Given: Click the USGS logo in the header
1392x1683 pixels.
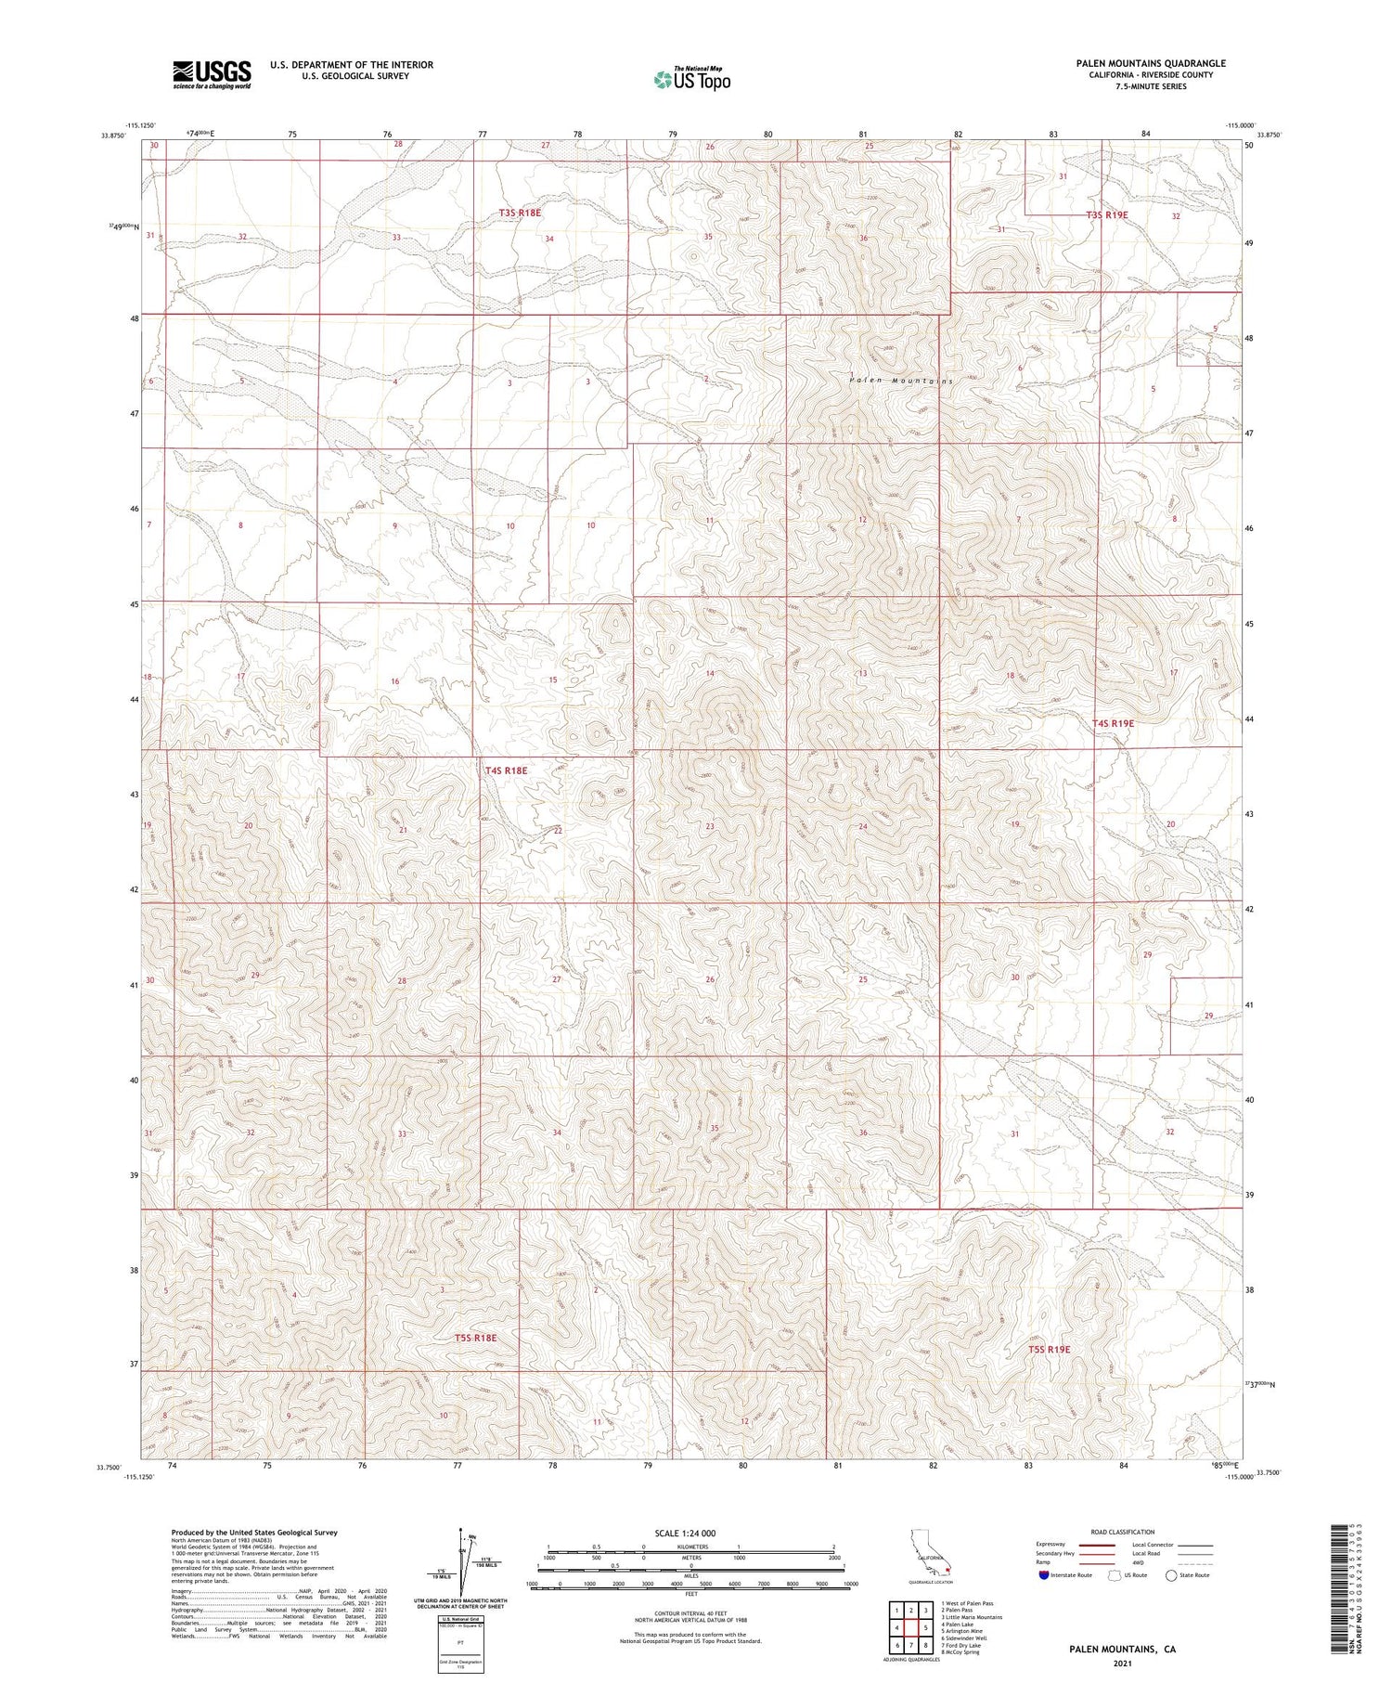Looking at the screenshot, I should click(x=212, y=73).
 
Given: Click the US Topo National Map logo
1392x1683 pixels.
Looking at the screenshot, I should click(x=691, y=79).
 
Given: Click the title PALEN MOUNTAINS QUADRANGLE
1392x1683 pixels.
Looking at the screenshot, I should click(x=1151, y=63).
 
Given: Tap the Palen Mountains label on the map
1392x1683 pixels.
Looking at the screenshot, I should click(x=900, y=381).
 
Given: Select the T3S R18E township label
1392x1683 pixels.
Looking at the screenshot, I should click(x=520, y=213).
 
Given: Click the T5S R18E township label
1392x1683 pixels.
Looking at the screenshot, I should click(x=476, y=1338).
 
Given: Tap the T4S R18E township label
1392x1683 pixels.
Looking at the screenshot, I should click(x=506, y=770).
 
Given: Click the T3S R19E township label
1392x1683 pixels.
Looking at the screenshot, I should click(x=1106, y=214).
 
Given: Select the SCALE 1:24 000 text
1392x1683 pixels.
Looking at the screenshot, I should click(x=685, y=1533).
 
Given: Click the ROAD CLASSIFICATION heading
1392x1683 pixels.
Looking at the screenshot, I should click(x=1123, y=1532).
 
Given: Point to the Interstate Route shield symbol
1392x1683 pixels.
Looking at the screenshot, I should click(x=1045, y=1575).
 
